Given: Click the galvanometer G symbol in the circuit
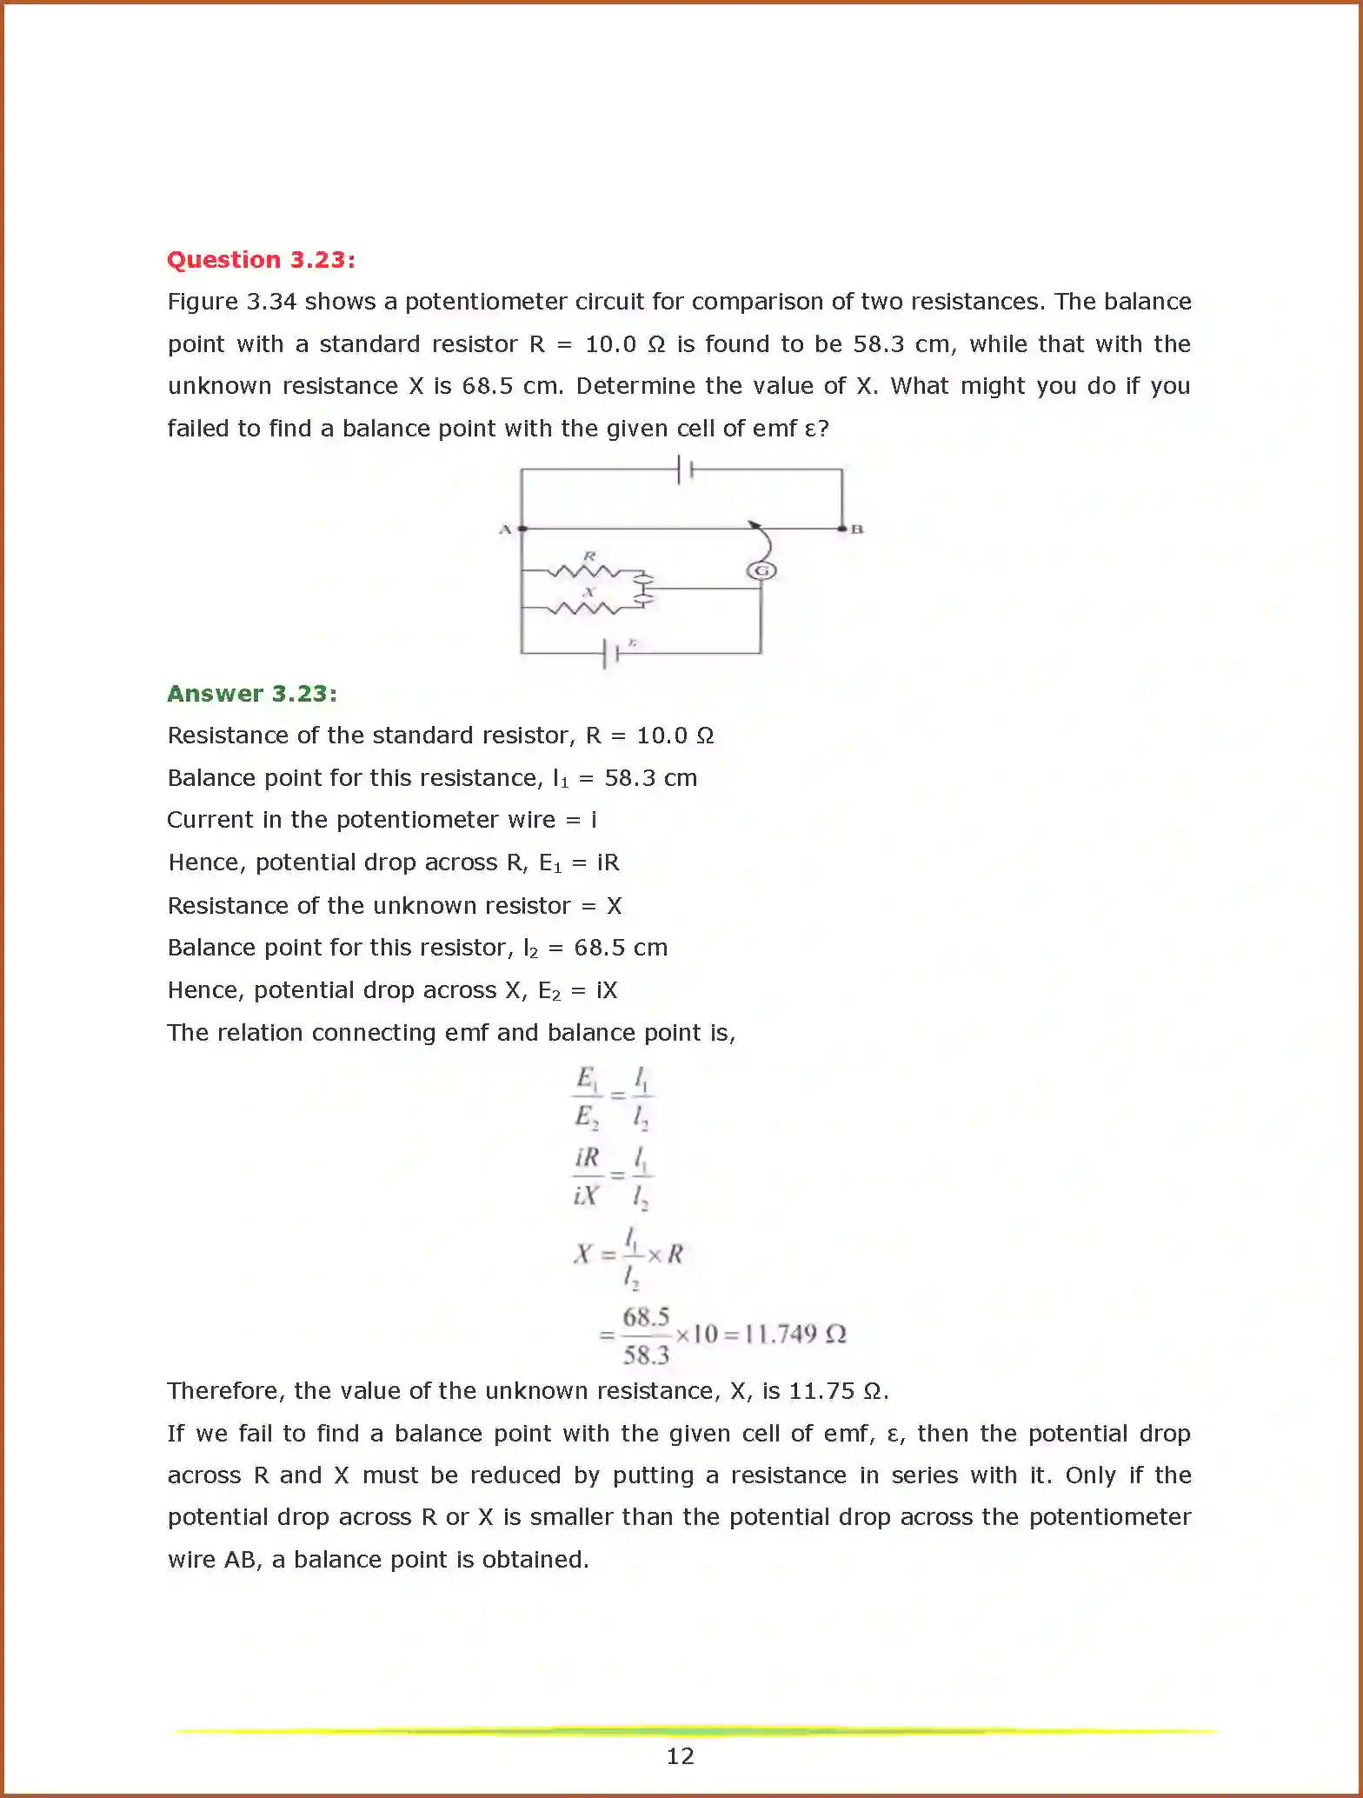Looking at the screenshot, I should [x=761, y=570].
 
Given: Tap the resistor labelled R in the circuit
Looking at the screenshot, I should [x=583, y=571].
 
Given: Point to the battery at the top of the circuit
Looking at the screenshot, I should [x=685, y=470].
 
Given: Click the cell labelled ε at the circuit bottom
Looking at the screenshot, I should [x=610, y=653].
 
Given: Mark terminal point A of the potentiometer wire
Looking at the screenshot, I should [x=522, y=529].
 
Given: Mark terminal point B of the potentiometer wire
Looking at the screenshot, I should [x=841, y=529].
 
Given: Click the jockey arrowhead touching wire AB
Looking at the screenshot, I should [x=754, y=524].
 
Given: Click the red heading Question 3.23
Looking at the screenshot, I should [x=261, y=260].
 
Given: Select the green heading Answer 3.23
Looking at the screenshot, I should [x=252, y=694].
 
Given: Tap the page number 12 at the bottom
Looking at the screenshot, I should [x=680, y=1756].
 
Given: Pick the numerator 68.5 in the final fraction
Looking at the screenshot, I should [x=646, y=1316].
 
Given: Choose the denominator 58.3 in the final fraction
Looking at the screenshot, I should [x=646, y=1355].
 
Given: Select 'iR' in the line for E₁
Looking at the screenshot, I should [x=608, y=862].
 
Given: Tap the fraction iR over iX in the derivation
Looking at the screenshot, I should [x=587, y=1176].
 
